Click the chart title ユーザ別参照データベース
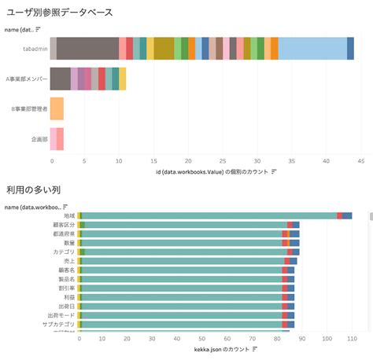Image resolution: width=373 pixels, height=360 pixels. pyautogui.click(x=60, y=13)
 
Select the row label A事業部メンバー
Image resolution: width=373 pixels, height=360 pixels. pyautogui.click(x=26, y=79)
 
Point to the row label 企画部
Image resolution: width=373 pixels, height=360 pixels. pyautogui.click(x=39, y=138)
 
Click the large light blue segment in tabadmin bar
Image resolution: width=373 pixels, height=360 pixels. pyautogui.click(x=312, y=49)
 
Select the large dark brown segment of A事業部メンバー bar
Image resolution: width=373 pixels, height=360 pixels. pyautogui.click(x=60, y=79)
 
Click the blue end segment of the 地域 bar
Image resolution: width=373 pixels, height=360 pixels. pyautogui.click(x=347, y=215)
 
